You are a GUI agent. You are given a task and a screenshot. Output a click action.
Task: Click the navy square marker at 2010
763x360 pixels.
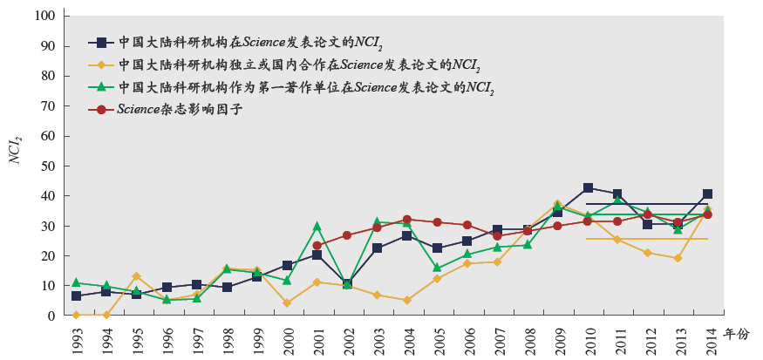tap(589, 187)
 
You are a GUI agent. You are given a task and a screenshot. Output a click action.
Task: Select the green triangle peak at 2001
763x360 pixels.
tap(317, 227)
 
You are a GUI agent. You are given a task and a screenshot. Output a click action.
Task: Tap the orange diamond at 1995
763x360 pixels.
tap(136, 276)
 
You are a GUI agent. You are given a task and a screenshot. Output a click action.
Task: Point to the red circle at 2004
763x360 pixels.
tap(407, 220)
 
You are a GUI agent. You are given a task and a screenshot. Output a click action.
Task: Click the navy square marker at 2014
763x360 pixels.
tap(707, 194)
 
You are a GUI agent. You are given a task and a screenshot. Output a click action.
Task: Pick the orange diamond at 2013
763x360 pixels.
tap(678, 258)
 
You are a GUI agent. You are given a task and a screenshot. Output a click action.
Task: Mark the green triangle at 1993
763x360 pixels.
tap(77, 282)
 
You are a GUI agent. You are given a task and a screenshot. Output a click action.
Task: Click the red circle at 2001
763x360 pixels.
tap(317, 246)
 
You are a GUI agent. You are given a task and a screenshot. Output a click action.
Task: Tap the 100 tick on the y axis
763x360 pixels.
tap(47, 17)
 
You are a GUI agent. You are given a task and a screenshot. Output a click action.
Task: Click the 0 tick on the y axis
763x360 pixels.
tap(52, 316)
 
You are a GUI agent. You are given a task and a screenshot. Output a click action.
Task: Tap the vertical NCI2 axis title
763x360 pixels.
tap(15, 151)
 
